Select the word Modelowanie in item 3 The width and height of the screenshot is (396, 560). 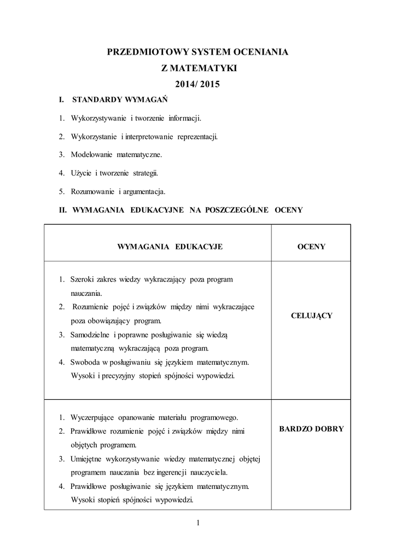(x=91, y=155)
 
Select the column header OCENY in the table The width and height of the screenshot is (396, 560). (x=311, y=247)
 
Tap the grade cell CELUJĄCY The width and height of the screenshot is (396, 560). (x=311, y=316)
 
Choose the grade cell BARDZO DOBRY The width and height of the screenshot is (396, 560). (x=311, y=429)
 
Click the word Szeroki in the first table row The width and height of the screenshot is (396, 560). (x=83, y=279)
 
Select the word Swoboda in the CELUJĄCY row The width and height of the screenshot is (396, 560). (x=85, y=361)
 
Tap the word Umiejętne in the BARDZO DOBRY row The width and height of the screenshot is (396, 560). (x=86, y=458)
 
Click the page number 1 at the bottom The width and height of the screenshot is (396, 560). (x=198, y=523)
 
